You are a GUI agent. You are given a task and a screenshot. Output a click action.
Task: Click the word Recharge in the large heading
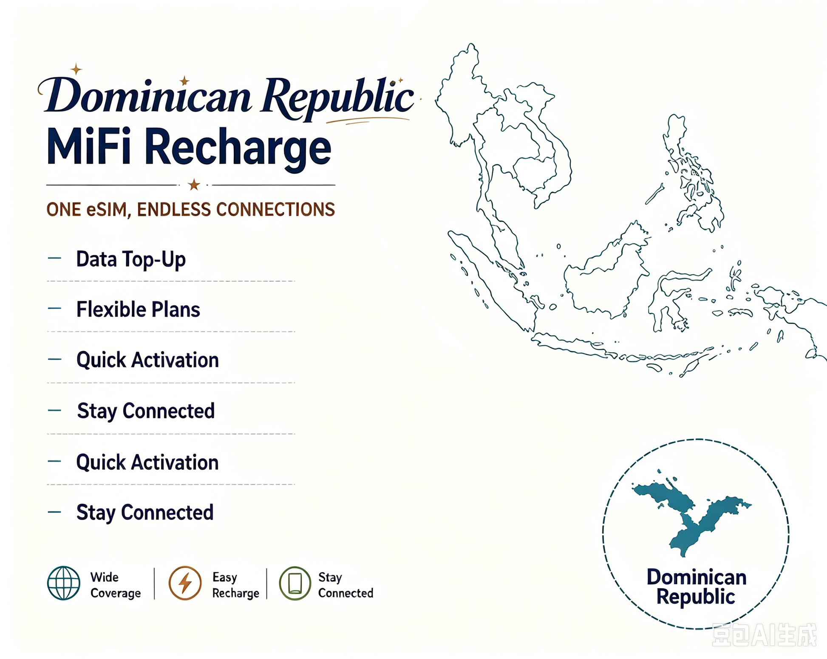238,149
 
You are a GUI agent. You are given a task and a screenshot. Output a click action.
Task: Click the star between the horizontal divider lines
194,184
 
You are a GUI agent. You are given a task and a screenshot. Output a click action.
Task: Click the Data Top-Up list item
131,259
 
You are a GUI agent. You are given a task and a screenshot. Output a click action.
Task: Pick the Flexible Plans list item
138,309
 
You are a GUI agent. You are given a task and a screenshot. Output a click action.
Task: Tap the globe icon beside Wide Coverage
64,583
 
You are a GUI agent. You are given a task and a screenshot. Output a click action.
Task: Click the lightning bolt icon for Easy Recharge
185,583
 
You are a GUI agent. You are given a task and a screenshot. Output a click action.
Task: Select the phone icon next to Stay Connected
295,583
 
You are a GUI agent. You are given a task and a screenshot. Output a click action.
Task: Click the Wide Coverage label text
115,585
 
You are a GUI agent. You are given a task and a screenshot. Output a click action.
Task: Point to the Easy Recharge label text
235,585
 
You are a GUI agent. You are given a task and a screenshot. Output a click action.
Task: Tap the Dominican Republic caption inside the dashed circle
697,587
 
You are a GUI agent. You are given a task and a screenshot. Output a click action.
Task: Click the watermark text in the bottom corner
764,635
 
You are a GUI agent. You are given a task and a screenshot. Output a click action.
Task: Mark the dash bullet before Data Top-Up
55,258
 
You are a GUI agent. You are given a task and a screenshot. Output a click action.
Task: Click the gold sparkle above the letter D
76,69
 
